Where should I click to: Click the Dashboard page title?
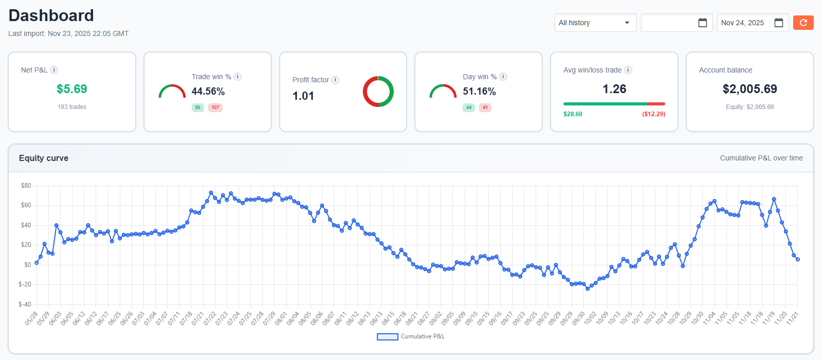pos(51,15)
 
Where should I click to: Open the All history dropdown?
pos(595,23)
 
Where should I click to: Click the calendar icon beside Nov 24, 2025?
pos(778,23)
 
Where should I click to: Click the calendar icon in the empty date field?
pos(702,23)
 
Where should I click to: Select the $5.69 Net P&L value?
pos(71,89)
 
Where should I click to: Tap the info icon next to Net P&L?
pos(54,70)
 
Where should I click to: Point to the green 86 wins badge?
pos(197,107)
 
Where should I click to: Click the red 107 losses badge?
pos(215,107)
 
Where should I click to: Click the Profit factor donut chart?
pos(378,92)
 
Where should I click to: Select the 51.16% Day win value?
pos(479,92)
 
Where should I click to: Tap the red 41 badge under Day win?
pos(485,107)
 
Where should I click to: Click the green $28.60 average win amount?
pos(573,114)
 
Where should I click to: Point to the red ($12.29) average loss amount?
pos(653,114)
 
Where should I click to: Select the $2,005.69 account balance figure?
pos(749,89)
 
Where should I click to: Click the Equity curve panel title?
pos(44,158)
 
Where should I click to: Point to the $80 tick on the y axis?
pos(26,186)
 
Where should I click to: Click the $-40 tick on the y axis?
pos(25,304)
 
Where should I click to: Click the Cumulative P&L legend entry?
pos(411,336)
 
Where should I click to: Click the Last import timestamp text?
pos(68,33)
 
